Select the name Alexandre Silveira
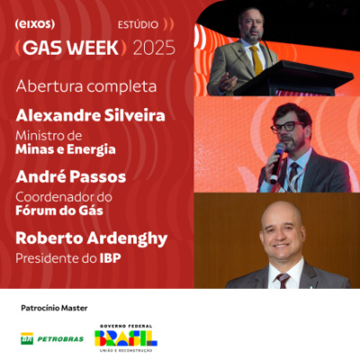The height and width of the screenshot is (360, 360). (x=92, y=115)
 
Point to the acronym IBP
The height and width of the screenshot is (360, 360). (x=112, y=258)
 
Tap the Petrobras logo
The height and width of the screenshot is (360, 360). (x=52, y=338)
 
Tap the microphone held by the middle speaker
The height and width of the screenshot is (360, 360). (x=277, y=158)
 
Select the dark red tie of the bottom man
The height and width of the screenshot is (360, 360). (x=282, y=280)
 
